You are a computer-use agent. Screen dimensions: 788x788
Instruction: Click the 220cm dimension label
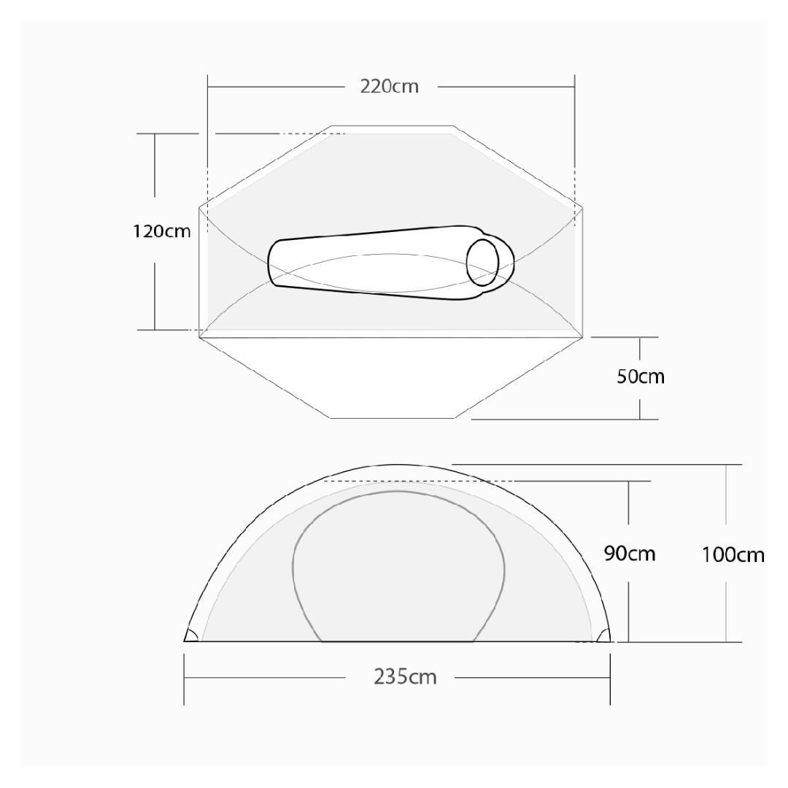click(390, 86)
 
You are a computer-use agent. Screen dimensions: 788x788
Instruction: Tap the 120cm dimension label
click(161, 231)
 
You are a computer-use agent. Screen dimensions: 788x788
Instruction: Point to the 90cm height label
click(630, 554)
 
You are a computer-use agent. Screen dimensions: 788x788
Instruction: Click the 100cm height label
click(733, 555)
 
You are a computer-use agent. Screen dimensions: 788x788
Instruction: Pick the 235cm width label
click(405, 677)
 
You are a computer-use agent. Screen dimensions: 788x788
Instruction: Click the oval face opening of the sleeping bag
click(482, 261)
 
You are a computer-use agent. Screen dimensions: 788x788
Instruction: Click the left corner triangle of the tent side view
click(191, 636)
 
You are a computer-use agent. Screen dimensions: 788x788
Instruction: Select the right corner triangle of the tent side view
click(603, 636)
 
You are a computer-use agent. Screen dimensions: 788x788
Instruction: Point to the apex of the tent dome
click(398, 465)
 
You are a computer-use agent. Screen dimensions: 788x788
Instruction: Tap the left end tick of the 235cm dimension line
click(184, 679)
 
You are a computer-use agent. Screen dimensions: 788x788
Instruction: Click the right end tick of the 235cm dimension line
click(610, 679)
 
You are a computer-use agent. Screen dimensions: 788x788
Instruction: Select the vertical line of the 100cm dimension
click(726, 511)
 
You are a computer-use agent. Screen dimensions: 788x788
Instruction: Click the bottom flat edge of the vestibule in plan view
click(393, 418)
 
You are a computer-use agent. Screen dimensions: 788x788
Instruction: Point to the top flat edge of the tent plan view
click(393, 126)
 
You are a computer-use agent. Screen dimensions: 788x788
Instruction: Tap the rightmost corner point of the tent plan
click(583, 207)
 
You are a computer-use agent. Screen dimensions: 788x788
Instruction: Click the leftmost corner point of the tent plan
click(199, 207)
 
